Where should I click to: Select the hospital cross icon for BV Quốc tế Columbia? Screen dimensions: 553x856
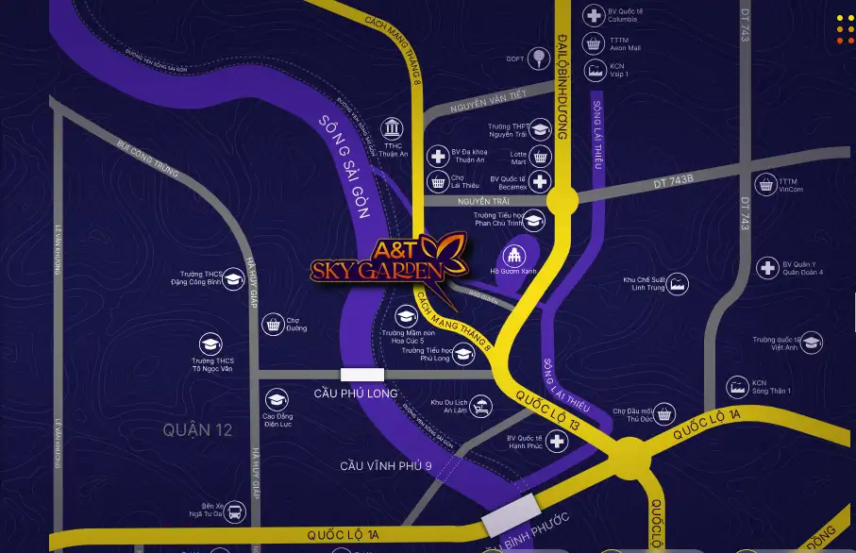594,15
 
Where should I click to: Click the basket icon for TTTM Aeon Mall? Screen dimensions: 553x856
594,43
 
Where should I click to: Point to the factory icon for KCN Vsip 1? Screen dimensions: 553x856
594,70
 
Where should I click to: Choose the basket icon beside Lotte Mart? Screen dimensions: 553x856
540,156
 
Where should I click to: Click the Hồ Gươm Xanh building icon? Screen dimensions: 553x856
513,255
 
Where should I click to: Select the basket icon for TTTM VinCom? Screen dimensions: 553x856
764,184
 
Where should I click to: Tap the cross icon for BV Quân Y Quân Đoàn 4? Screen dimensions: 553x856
768,268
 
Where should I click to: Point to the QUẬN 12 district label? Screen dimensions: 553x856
196,430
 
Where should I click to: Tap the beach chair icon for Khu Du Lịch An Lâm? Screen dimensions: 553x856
481,407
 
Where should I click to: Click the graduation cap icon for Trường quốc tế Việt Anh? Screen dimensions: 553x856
811,343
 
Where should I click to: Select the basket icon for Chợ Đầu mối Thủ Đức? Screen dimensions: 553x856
665,413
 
